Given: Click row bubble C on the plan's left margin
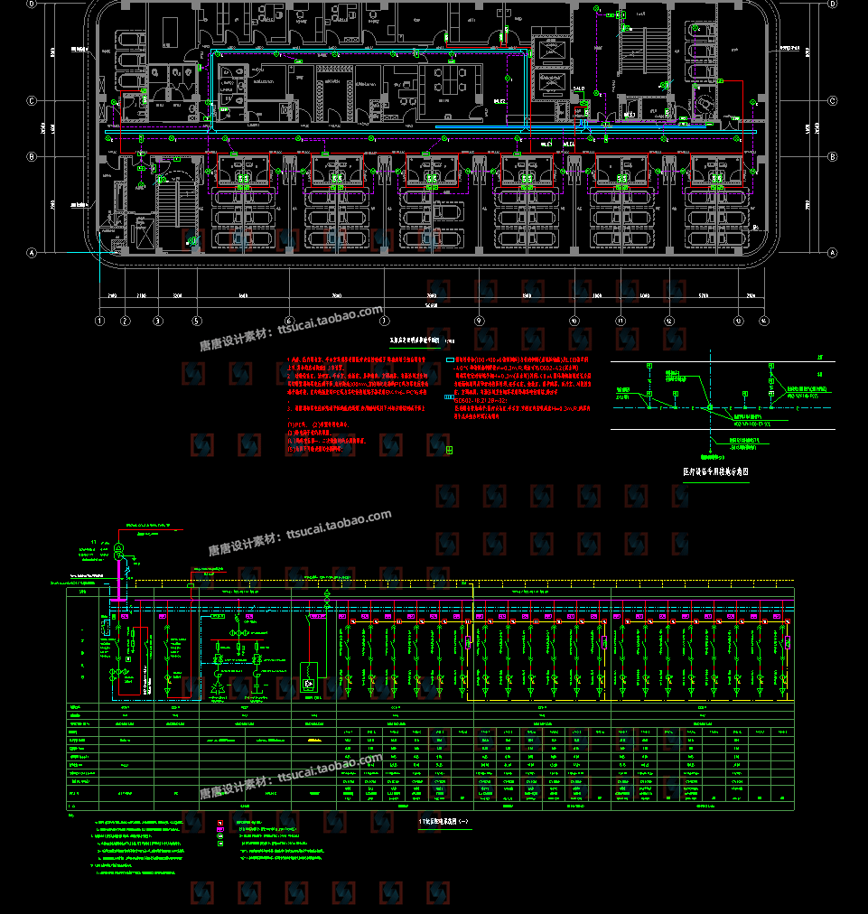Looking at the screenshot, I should coord(32,101).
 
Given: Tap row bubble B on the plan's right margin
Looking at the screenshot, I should coord(832,156).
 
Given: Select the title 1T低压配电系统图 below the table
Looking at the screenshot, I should coord(444,821).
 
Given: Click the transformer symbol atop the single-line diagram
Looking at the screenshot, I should coord(118,548).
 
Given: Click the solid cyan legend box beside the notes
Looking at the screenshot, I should coord(450,360).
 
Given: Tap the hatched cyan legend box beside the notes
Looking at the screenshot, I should coord(450,396).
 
